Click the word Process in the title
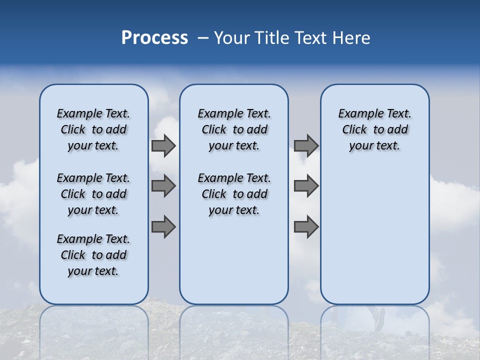tap(154, 38)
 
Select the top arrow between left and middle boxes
tap(163, 146)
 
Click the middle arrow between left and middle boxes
tap(163, 186)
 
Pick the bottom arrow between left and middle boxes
tap(163, 226)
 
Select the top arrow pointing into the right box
tap(306, 146)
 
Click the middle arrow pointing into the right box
tap(306, 186)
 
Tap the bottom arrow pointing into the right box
tap(306, 226)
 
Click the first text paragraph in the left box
tap(93, 129)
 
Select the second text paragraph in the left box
tap(93, 194)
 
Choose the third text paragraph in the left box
tap(93, 255)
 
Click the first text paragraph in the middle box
tap(234, 129)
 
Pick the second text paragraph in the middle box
tap(234, 194)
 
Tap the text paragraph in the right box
tap(374, 129)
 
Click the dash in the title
tap(203, 38)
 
